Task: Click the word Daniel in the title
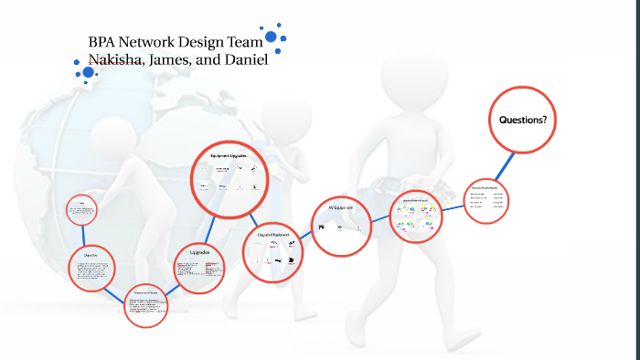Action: [x=243, y=60]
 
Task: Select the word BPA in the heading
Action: [x=102, y=42]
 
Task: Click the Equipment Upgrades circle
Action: [x=229, y=175]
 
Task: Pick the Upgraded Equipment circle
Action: [x=273, y=249]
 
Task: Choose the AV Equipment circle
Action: [x=341, y=224]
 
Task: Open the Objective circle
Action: [x=91, y=269]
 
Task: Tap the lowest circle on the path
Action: [x=146, y=307]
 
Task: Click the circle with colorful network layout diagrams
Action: [x=416, y=216]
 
